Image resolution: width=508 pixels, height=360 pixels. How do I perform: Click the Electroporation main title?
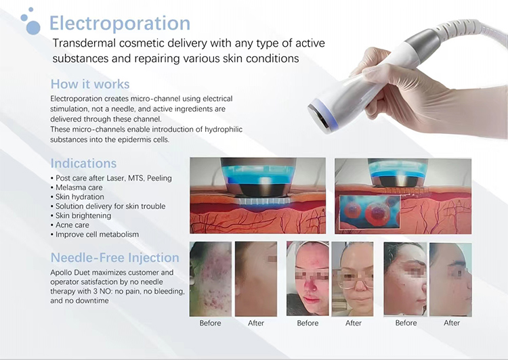click(x=119, y=23)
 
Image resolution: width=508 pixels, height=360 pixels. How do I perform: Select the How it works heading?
click(x=90, y=84)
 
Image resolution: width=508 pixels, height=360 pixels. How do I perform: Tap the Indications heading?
click(x=83, y=163)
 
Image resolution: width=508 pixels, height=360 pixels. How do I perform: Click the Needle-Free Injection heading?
click(x=115, y=258)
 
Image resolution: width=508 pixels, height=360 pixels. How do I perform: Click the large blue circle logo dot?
click(x=33, y=28)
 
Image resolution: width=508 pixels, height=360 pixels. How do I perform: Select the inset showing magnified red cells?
click(x=369, y=211)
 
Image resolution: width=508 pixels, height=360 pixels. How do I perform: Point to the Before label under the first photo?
click(x=210, y=323)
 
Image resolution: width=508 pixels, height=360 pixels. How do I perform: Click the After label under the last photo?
click(x=452, y=323)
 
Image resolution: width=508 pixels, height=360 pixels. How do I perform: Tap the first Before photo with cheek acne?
click(x=211, y=279)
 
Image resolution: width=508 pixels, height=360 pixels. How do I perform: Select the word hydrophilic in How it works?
click(x=224, y=129)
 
